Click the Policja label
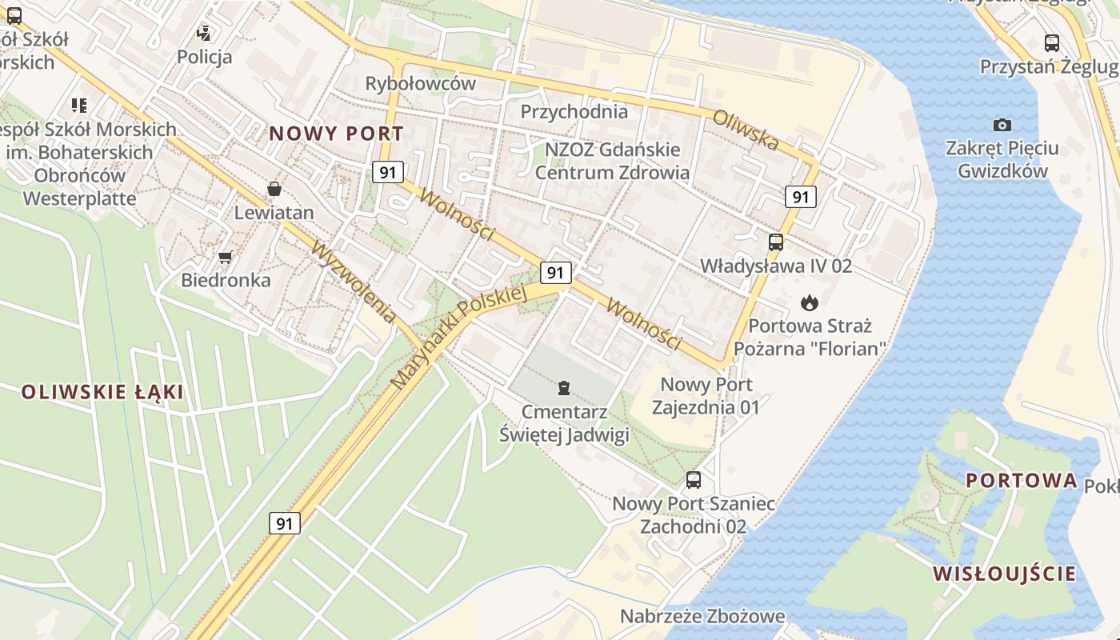point(205,57)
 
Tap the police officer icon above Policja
point(205,34)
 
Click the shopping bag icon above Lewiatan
point(274,189)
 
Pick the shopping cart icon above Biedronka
point(226,257)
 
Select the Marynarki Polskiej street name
point(462,337)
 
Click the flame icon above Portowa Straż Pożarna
point(809,302)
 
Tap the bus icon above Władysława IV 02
point(775,242)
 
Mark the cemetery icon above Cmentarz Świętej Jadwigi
point(565,388)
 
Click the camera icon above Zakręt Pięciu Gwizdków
point(1002,125)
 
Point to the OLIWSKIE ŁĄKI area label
point(102,392)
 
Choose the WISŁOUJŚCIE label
point(1004,573)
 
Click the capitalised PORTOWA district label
point(1022,481)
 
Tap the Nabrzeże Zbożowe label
point(702,616)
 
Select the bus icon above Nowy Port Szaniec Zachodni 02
point(693,480)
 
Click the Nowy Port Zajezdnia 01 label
point(705,396)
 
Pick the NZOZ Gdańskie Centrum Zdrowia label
point(612,161)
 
